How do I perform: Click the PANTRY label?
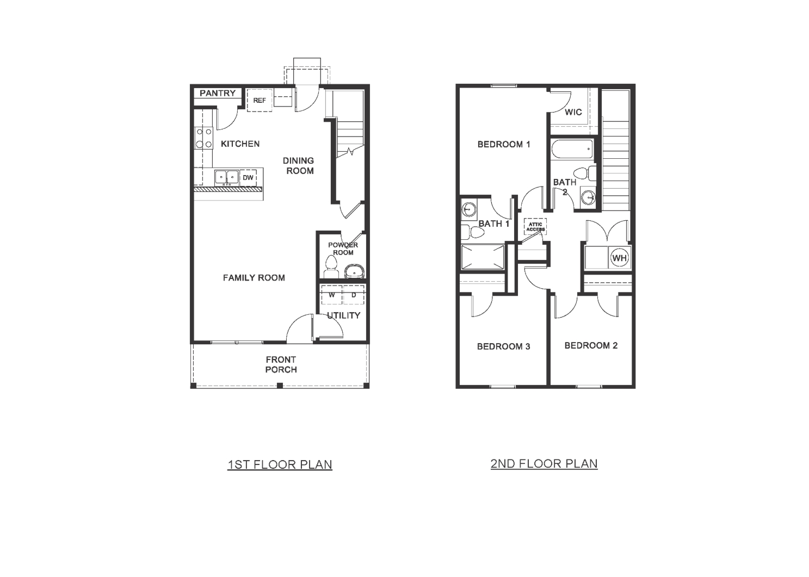tap(217, 94)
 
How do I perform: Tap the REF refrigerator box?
tap(260, 101)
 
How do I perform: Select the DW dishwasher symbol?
tap(248, 178)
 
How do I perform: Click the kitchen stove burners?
tap(204, 138)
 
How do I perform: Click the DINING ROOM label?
tap(299, 165)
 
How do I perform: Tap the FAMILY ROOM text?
tap(254, 278)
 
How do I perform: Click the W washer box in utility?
tap(331, 295)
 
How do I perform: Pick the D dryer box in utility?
tap(354, 295)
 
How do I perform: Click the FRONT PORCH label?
tap(281, 364)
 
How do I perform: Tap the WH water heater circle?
tap(619, 258)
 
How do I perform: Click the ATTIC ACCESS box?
tap(535, 227)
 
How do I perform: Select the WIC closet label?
tap(573, 113)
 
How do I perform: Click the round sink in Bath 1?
tap(468, 208)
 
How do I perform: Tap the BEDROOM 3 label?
tap(503, 346)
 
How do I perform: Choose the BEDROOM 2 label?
tap(591, 345)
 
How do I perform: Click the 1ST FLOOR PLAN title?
tap(280, 464)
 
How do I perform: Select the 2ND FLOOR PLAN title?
tap(544, 463)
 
